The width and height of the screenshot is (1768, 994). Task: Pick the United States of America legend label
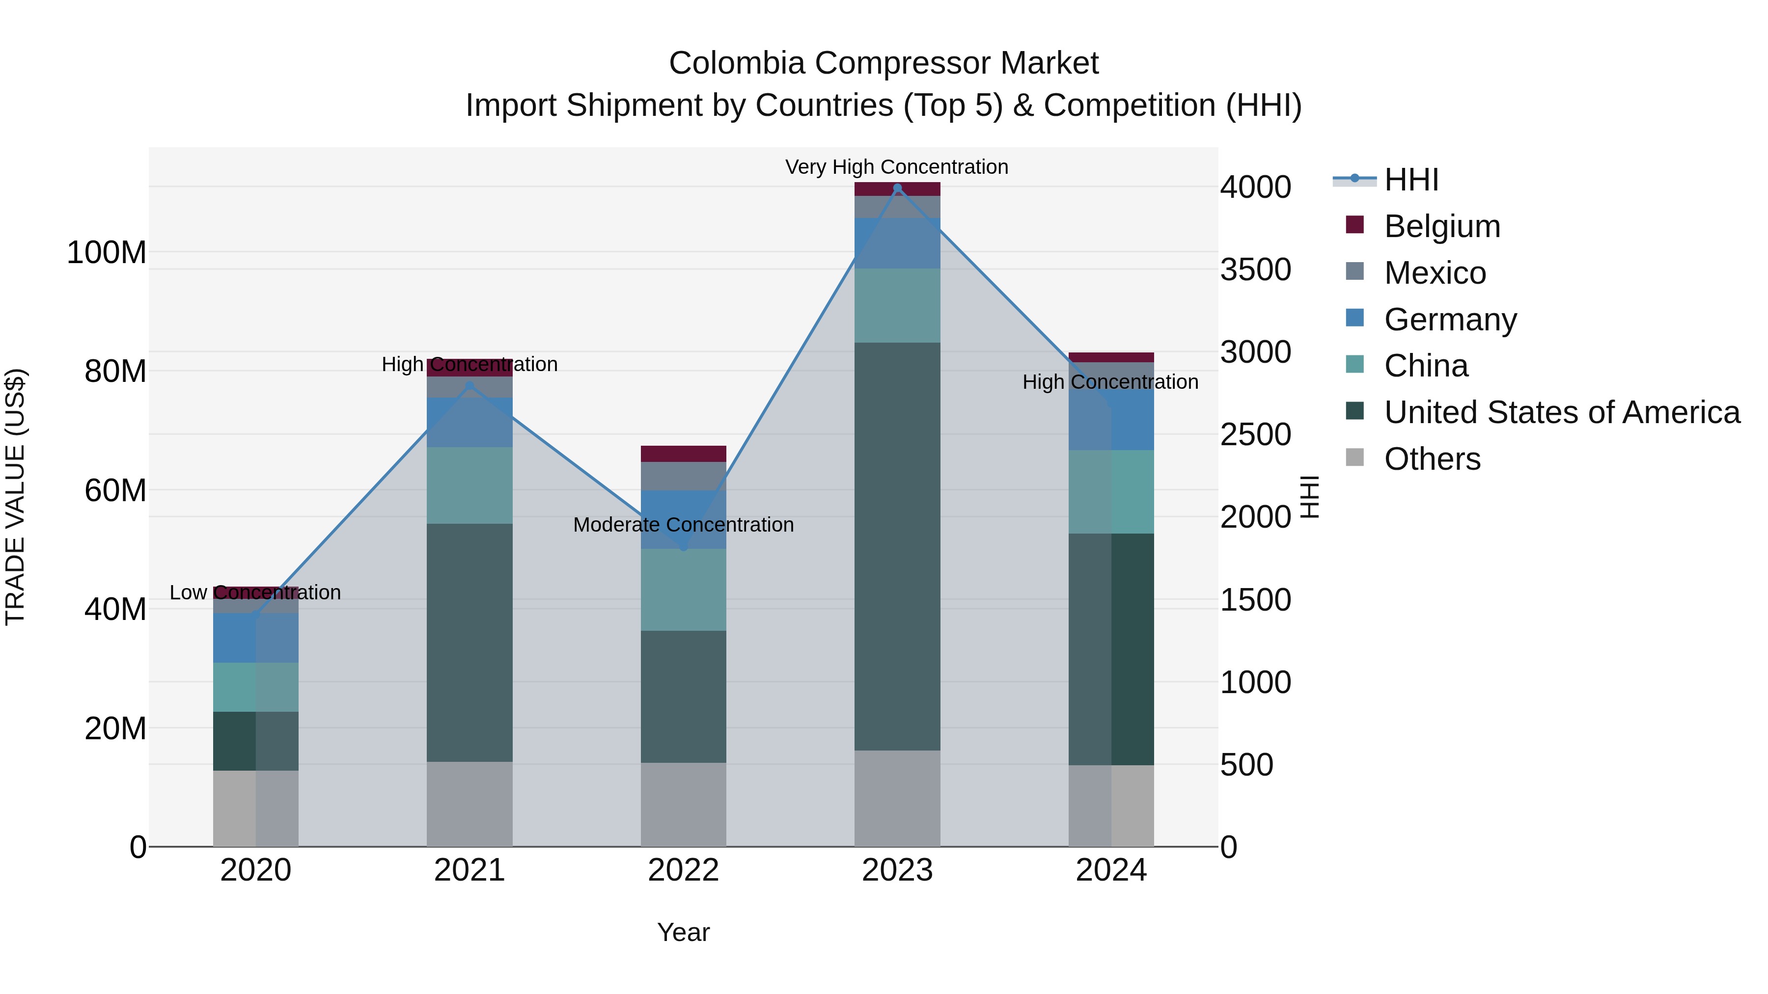pos(1561,412)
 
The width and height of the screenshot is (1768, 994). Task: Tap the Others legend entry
pos(1432,459)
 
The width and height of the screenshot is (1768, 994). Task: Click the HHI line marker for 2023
pos(897,188)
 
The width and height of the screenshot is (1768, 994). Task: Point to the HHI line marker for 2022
pos(683,547)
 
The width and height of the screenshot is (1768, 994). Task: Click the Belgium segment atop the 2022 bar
pos(683,454)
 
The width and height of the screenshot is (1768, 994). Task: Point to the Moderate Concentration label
pos(683,525)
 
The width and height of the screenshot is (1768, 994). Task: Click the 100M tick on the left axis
pos(107,252)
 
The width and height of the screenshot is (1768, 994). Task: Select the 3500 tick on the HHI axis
pos(1255,269)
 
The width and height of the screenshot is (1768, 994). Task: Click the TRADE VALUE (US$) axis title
pos(15,497)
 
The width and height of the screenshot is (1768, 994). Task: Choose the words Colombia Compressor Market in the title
pos(884,63)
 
